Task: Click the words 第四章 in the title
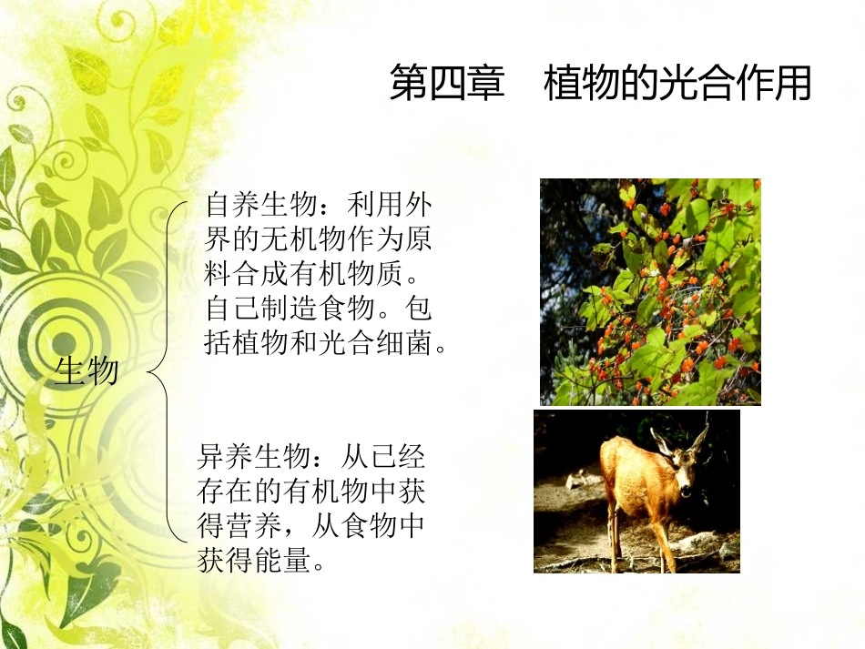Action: tap(446, 84)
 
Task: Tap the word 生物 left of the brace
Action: tap(86, 370)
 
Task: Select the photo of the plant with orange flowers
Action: tap(650, 291)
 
